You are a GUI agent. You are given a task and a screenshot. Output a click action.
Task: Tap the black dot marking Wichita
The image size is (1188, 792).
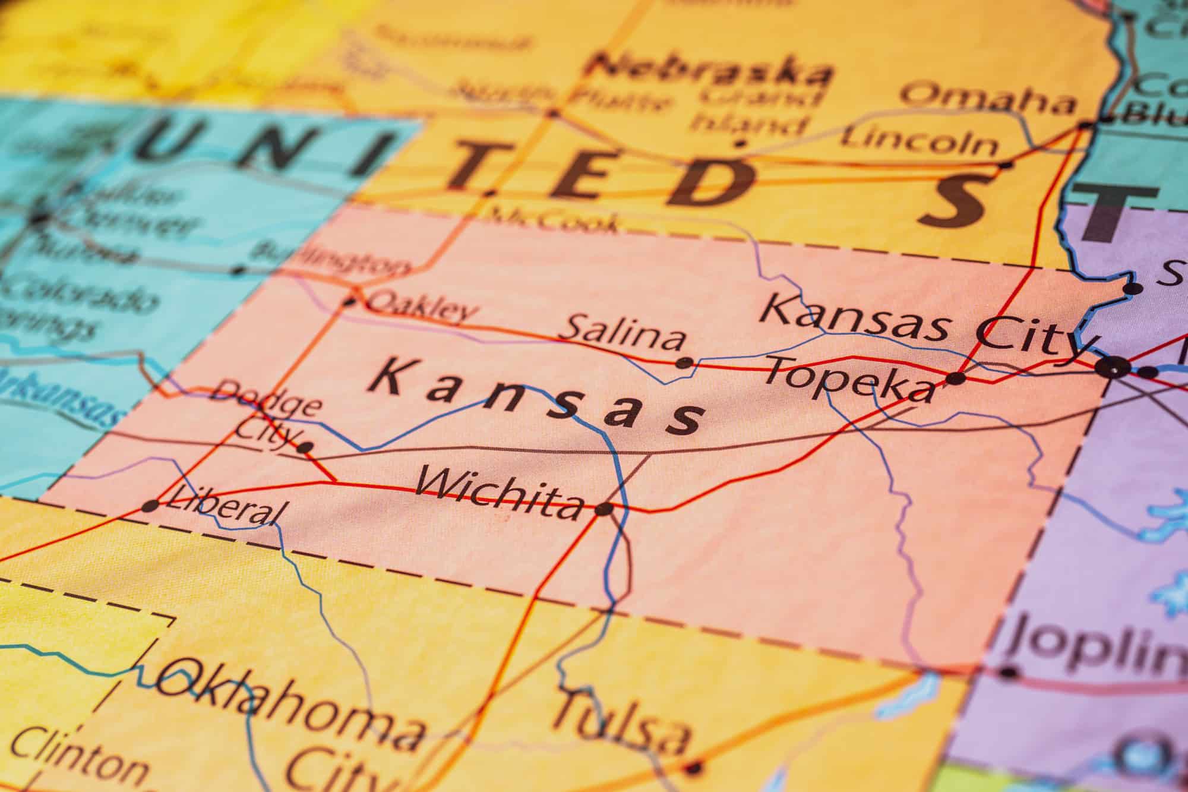[604, 509]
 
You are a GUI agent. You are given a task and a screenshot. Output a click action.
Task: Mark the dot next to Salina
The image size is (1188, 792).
[685, 362]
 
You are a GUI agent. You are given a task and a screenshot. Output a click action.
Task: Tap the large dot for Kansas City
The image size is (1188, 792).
[1113, 368]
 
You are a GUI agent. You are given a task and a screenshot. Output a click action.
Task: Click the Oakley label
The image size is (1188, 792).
[422, 308]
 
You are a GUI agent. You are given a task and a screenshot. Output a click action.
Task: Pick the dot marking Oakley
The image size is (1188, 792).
[350, 302]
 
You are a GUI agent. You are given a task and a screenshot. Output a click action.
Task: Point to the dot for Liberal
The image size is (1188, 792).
[151, 506]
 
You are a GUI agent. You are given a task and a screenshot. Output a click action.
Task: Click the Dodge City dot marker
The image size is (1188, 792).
[305, 447]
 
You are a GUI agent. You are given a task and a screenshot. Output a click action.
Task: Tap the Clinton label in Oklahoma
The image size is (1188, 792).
[77, 758]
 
